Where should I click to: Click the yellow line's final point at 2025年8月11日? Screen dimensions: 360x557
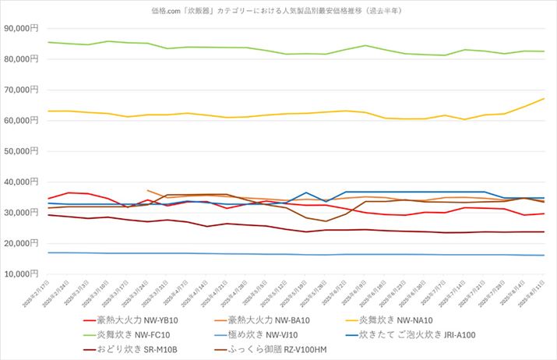pos(543,99)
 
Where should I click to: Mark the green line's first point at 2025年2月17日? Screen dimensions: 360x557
pos(48,42)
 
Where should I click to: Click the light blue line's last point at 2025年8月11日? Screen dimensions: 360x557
pos(543,255)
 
